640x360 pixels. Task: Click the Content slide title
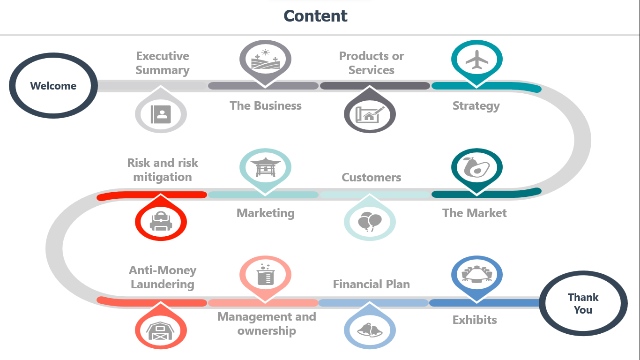coord(315,16)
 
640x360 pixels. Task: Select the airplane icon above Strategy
coord(477,60)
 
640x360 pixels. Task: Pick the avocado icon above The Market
coord(476,167)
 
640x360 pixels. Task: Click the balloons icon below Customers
coord(370,222)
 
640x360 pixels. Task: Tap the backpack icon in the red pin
coord(161,221)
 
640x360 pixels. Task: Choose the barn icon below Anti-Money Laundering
coord(160,331)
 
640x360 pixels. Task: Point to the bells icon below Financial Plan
coord(370,330)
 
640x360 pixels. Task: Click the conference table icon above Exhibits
coord(477,274)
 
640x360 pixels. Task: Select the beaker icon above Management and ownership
coord(266,275)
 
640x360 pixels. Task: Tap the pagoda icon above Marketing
coord(266,167)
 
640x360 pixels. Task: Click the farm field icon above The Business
coord(266,59)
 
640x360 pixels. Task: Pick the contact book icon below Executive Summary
coord(161,114)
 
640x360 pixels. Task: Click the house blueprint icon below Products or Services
coord(370,114)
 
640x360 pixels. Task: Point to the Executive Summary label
coord(163,63)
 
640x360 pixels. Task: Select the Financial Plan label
coord(372,284)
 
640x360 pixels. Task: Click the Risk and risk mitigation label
coord(163,170)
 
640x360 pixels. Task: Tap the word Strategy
coord(476,106)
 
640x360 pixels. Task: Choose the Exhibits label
coord(475,320)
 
